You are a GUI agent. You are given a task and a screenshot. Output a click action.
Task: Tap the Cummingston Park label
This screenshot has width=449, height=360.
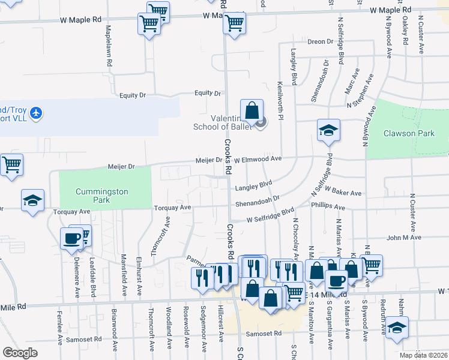(93, 196)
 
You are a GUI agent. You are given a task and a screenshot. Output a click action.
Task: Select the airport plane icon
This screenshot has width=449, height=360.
(37, 113)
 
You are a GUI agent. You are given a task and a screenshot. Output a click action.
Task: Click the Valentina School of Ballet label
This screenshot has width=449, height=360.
(220, 122)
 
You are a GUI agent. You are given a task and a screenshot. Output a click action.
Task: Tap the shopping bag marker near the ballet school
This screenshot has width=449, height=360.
(253, 111)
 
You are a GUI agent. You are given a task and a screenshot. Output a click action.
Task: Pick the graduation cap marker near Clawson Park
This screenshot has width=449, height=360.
(328, 131)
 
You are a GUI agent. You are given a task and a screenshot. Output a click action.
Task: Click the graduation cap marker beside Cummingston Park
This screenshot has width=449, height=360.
(32, 200)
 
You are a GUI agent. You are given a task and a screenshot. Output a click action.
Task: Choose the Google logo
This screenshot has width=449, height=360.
(20, 353)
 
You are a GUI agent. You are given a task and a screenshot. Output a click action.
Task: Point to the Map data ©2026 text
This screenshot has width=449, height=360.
(424, 355)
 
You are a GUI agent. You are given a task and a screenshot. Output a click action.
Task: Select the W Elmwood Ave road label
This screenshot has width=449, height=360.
(258, 160)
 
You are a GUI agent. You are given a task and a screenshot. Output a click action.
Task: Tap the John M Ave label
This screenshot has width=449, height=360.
(402, 238)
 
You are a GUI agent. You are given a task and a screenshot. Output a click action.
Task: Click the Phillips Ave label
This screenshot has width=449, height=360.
(328, 207)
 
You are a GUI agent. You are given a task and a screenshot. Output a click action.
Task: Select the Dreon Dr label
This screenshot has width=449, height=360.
(320, 41)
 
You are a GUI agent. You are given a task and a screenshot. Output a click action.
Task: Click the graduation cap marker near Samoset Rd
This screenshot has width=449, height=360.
(397, 328)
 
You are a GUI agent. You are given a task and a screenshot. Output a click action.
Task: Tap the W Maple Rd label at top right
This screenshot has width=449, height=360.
(390, 10)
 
